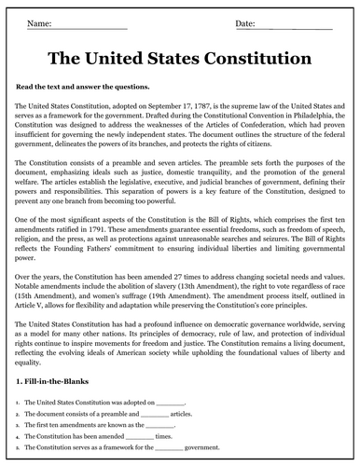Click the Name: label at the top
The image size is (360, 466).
click(42, 21)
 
